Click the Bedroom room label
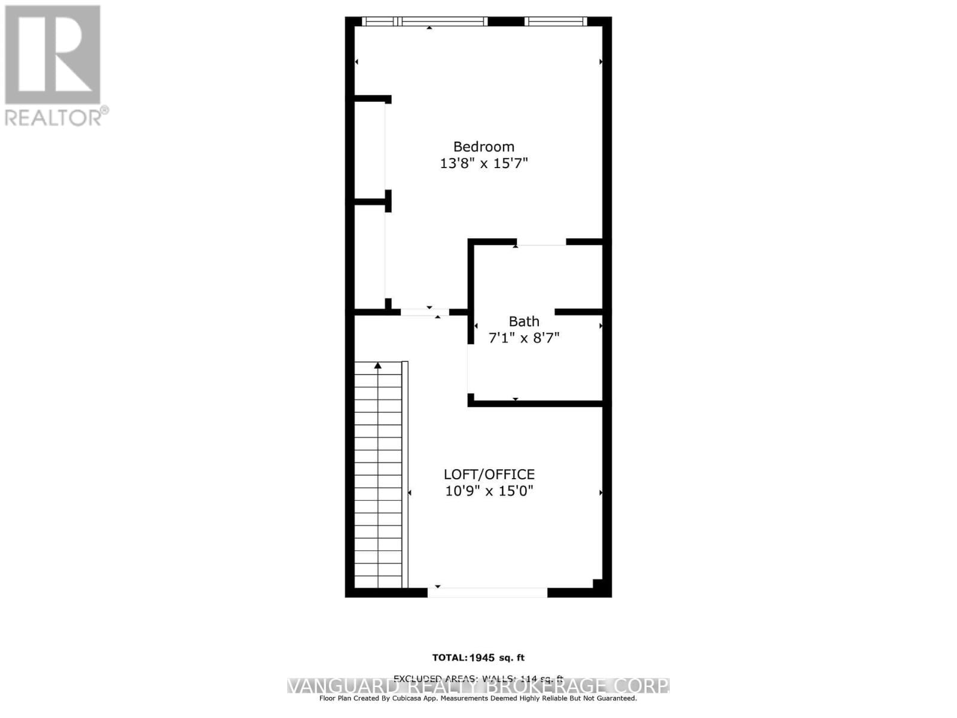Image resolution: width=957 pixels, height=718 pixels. [x=483, y=147]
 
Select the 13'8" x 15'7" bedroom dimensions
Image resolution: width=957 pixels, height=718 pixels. [x=483, y=163]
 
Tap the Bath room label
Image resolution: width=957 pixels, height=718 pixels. [x=524, y=321]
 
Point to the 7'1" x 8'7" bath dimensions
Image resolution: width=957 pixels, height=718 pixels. [x=524, y=338]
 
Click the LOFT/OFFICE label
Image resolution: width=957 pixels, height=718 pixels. [x=489, y=474]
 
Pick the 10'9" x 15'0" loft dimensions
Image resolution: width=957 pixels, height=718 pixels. [x=489, y=491]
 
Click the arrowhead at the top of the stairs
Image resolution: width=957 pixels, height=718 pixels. [x=377, y=365]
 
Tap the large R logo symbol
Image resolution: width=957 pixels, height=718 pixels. [x=53, y=54]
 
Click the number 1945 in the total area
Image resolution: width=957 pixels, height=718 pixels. [x=482, y=658]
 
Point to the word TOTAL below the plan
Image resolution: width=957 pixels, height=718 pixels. [x=449, y=658]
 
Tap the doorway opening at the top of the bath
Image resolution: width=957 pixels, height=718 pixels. [x=541, y=242]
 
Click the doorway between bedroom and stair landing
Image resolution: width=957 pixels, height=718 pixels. [x=425, y=312]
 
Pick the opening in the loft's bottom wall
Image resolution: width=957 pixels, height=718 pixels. [x=487, y=592]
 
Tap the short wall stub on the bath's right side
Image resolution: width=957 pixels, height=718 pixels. [x=578, y=312]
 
